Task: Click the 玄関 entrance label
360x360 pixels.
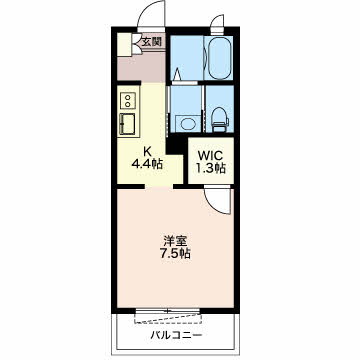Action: tap(152, 42)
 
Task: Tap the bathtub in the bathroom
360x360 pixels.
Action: tap(220, 57)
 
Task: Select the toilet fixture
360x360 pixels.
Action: tap(220, 119)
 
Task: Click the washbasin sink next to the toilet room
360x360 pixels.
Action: tap(186, 123)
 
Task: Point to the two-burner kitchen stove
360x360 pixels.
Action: tap(128, 100)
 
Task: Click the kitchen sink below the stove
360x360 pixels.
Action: tap(127, 124)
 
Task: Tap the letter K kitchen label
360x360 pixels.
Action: tap(147, 152)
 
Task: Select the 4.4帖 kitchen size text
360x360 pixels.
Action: tap(147, 164)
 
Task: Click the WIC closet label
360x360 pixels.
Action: tap(210, 155)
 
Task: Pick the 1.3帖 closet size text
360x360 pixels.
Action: tap(211, 168)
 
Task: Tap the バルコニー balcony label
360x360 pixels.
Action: tap(176, 334)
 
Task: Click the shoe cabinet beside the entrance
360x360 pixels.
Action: tap(124, 44)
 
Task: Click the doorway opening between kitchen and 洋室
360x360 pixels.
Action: tap(159, 186)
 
